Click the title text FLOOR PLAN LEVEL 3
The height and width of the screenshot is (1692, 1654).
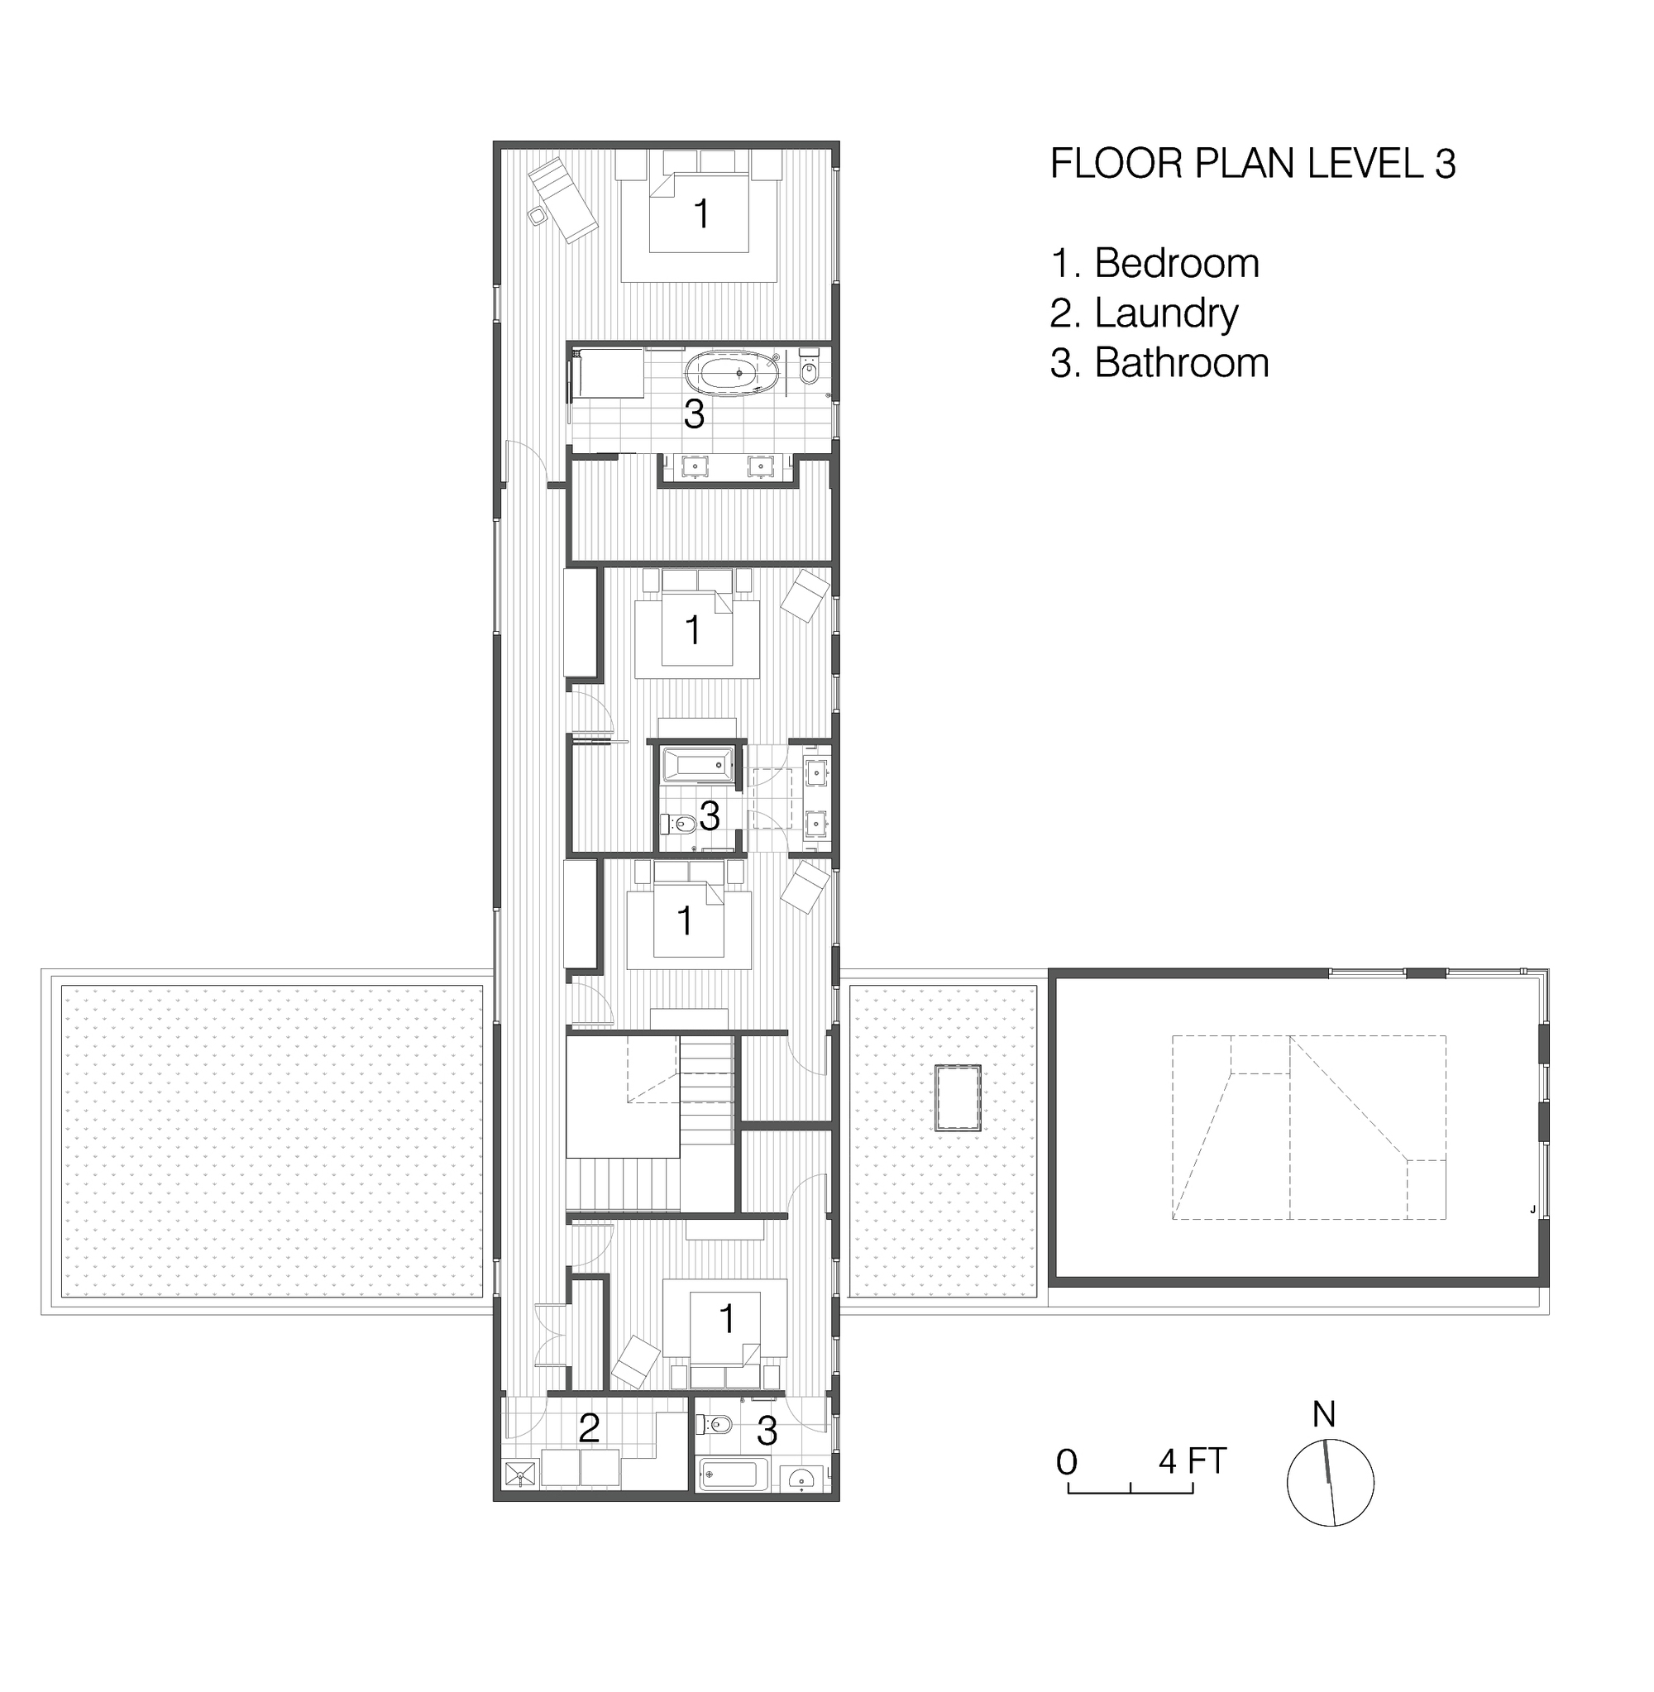point(1252,165)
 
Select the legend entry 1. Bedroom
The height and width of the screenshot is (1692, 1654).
point(1154,263)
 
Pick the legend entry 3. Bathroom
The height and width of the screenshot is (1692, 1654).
point(1159,363)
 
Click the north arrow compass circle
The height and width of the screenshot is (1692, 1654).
point(1330,1483)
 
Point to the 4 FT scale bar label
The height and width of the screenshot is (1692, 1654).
point(1192,1461)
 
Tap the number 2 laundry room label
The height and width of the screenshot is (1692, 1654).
point(588,1429)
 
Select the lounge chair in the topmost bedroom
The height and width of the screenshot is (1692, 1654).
point(563,199)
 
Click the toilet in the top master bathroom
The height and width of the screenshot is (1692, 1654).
point(810,370)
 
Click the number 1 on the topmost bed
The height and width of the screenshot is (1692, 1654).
point(701,213)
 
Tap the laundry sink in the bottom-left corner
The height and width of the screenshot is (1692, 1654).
point(520,1474)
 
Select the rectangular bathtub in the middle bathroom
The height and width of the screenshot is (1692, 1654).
point(697,765)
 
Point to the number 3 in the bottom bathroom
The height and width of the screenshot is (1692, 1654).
point(766,1431)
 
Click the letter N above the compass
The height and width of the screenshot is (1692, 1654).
point(1323,1415)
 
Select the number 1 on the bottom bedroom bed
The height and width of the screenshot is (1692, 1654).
point(727,1319)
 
